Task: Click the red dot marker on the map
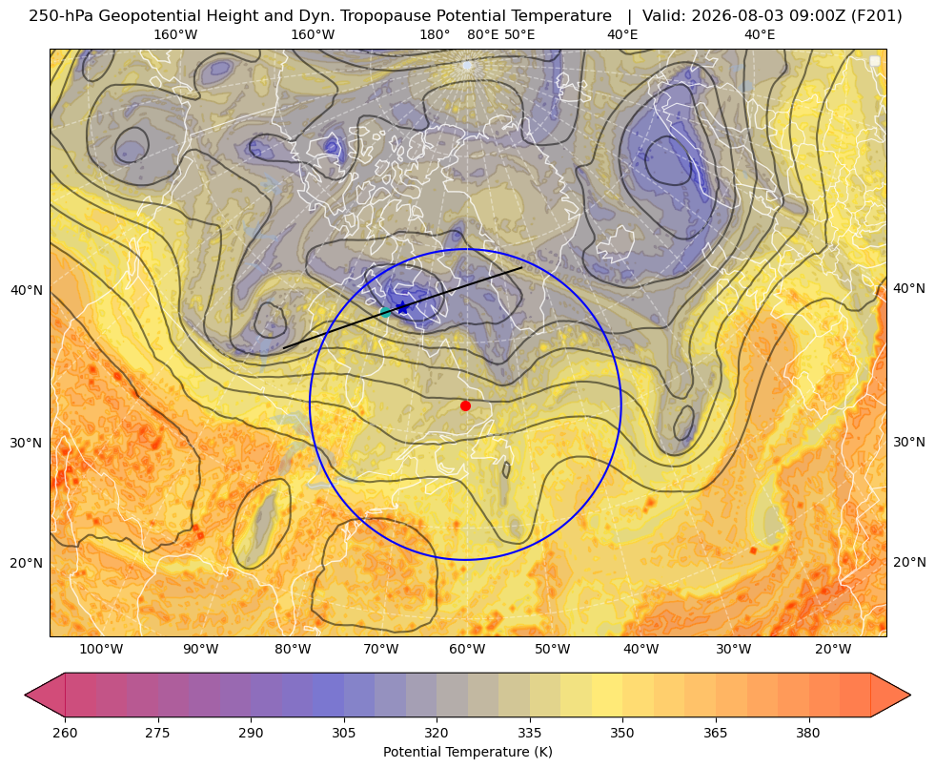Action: pos(466,405)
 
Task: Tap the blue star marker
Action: pos(403,307)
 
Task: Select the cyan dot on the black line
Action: pos(385,312)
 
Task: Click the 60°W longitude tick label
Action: pos(467,650)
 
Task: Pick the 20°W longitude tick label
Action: pos(833,650)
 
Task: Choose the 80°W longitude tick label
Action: pos(293,650)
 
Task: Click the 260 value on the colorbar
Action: pos(65,733)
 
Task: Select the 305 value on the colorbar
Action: pos(344,733)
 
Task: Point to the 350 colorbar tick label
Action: pos(622,733)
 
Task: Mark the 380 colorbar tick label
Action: pos(808,733)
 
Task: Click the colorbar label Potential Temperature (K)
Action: pos(467,752)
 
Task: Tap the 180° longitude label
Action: pos(435,34)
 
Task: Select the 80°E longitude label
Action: pos(483,34)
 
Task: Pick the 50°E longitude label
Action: pos(519,34)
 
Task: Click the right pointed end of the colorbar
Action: pos(910,695)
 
